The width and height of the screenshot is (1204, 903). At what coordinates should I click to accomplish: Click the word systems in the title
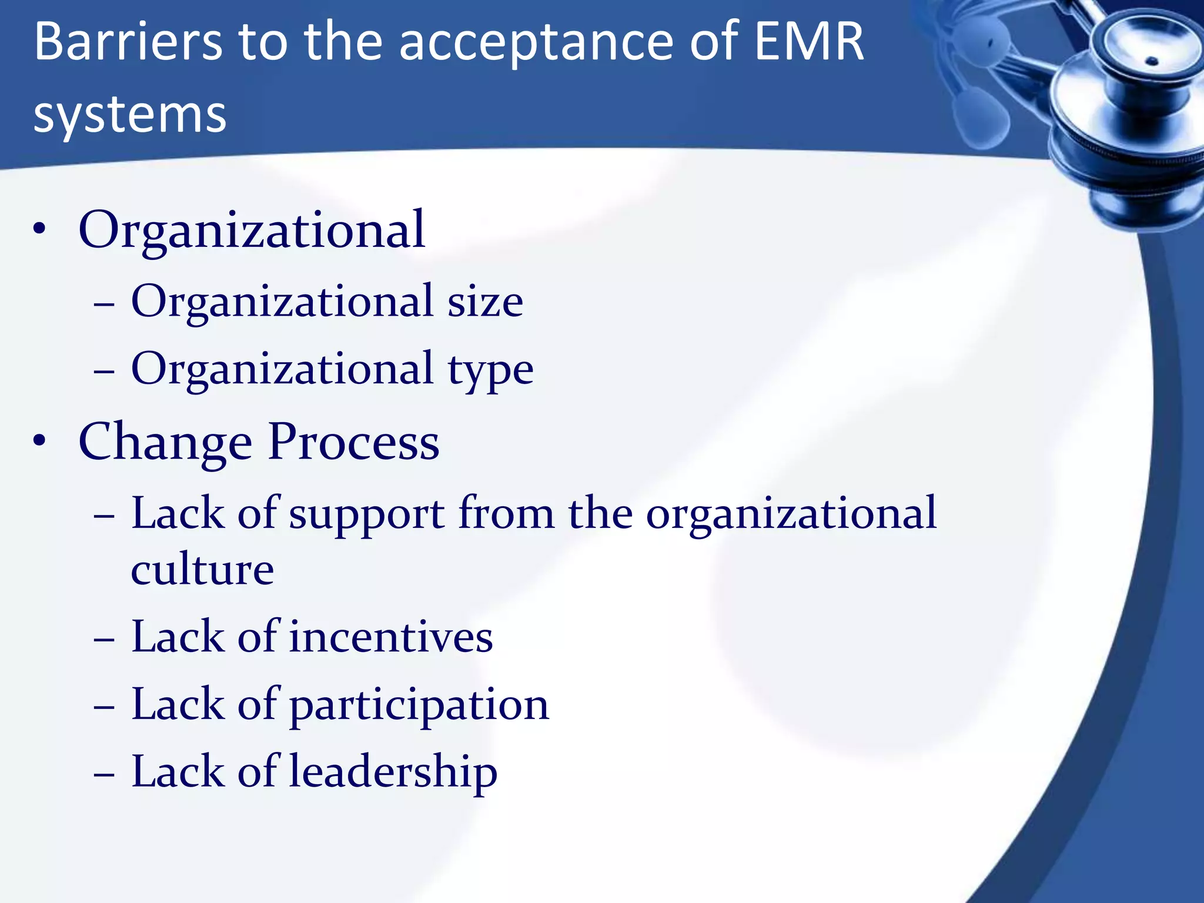pos(129,115)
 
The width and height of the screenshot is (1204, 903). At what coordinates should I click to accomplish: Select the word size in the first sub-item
pos(485,302)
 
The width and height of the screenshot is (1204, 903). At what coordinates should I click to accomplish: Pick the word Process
pos(353,442)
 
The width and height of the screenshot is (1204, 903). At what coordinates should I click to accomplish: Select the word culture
pos(202,569)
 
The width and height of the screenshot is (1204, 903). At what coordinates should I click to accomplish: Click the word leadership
pos(394,771)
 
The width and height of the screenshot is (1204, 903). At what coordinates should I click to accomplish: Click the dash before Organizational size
pos(104,305)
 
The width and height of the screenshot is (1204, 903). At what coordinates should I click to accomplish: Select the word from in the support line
pos(506,514)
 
